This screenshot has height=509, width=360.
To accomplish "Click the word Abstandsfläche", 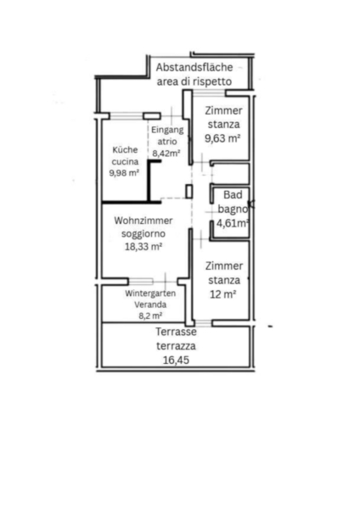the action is [x=194, y=68].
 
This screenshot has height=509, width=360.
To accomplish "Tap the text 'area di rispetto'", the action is [x=194, y=81].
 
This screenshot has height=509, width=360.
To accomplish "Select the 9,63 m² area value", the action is [x=222, y=138].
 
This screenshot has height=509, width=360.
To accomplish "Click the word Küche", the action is [x=125, y=150].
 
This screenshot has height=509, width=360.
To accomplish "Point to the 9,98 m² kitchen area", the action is [x=124, y=173].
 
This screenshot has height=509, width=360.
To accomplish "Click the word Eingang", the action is [x=167, y=130].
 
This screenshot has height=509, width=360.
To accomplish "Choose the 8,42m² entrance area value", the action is [x=166, y=153].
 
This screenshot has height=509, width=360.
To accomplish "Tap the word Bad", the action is [x=233, y=195].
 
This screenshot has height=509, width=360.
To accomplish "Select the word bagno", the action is [x=233, y=209].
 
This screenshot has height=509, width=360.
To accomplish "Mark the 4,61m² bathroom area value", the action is [x=233, y=223].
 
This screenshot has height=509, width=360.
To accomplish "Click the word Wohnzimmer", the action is [x=143, y=221].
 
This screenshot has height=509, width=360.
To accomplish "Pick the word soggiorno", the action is [x=143, y=234].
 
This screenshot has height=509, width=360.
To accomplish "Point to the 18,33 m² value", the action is [x=143, y=247].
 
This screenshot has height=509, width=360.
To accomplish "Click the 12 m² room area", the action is [x=223, y=294].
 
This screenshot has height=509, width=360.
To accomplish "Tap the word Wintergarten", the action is [x=150, y=294].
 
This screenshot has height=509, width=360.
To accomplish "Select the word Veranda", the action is [x=150, y=305].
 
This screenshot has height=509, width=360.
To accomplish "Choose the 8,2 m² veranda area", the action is [x=150, y=316].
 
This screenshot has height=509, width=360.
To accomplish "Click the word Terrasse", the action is [x=176, y=332].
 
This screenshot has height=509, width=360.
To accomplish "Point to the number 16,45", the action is [x=176, y=360].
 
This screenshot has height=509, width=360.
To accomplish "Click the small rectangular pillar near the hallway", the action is [x=189, y=191].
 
